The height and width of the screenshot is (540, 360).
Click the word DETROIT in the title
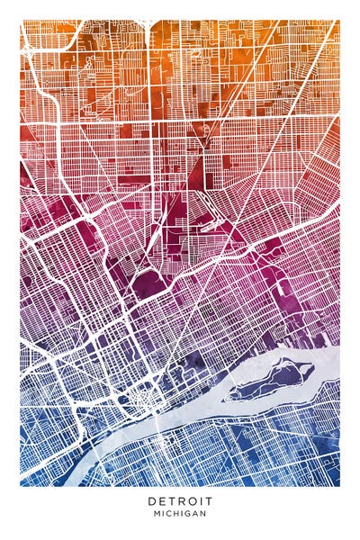pyautogui.click(x=180, y=500)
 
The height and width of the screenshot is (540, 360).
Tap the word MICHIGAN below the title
pyautogui.click(x=180, y=514)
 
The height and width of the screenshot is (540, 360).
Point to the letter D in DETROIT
pyautogui.click(x=152, y=500)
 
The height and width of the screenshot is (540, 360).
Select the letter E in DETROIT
pyautogui.click(x=161, y=500)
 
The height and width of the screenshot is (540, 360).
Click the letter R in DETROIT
pyautogui.click(x=180, y=500)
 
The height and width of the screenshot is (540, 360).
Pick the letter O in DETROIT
pyautogui.click(x=190, y=500)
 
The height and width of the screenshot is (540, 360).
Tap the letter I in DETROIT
pyautogui.click(x=199, y=500)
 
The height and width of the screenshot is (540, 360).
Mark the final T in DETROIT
pyautogui.click(x=207, y=500)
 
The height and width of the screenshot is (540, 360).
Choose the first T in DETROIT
pyautogui.click(x=170, y=500)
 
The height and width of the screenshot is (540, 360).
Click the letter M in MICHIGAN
pyautogui.click(x=157, y=514)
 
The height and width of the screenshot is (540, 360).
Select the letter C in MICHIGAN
pyautogui.click(x=170, y=514)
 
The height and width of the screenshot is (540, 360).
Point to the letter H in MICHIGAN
pyautogui.click(x=177, y=514)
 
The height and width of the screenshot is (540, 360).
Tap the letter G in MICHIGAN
pyautogui.click(x=189, y=514)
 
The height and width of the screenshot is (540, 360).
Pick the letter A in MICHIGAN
pyautogui.click(x=196, y=514)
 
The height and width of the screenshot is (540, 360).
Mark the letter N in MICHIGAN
pyautogui.click(x=204, y=514)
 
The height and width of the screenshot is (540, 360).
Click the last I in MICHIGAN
pyautogui.click(x=184, y=514)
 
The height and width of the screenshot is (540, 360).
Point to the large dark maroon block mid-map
pyautogui.click(x=147, y=286)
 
